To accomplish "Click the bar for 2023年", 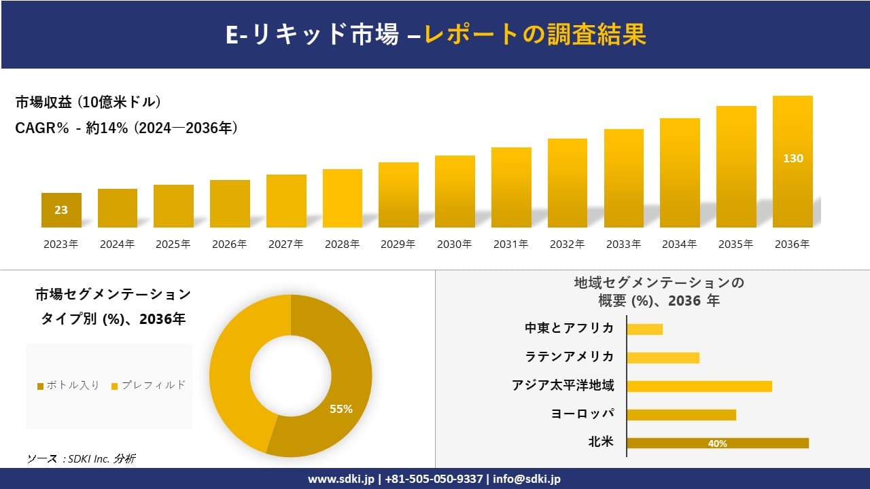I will [61, 210].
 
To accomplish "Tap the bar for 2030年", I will [455, 192].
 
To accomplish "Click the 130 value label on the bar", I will [793, 158].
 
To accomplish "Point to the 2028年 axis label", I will [342, 244].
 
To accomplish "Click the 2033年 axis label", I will [623, 244].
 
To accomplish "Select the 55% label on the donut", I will [341, 409].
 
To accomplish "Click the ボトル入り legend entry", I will [69, 385].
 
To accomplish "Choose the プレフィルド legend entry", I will [148, 385].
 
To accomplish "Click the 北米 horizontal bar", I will [717, 443].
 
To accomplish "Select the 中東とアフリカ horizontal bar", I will [644, 329].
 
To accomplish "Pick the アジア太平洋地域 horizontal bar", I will [699, 386].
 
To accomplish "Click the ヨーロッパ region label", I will [582, 414].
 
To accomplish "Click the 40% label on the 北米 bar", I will [717, 443].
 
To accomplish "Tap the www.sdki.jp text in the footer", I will [341, 479].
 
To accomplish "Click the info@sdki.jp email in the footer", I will [527, 479].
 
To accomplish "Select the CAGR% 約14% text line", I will [126, 128].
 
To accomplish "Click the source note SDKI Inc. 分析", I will [81, 459].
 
